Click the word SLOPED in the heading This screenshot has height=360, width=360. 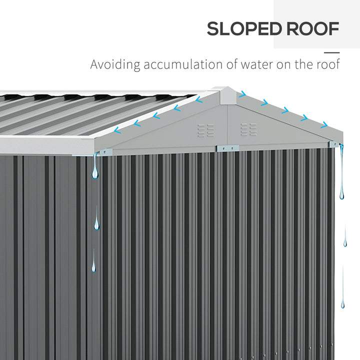tap(244, 28)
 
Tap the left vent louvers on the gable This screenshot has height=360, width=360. tap(205, 130)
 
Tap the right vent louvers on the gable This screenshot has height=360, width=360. tap(248, 129)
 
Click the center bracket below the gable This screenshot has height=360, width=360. tap(227, 148)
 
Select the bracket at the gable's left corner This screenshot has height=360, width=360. tap(106, 152)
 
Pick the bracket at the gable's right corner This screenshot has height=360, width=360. tap(334, 144)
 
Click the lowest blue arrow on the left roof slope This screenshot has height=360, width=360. tap(117, 130)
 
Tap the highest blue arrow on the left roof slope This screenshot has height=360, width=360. tap(199, 99)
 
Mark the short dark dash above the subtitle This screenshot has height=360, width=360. tap(332, 52)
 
